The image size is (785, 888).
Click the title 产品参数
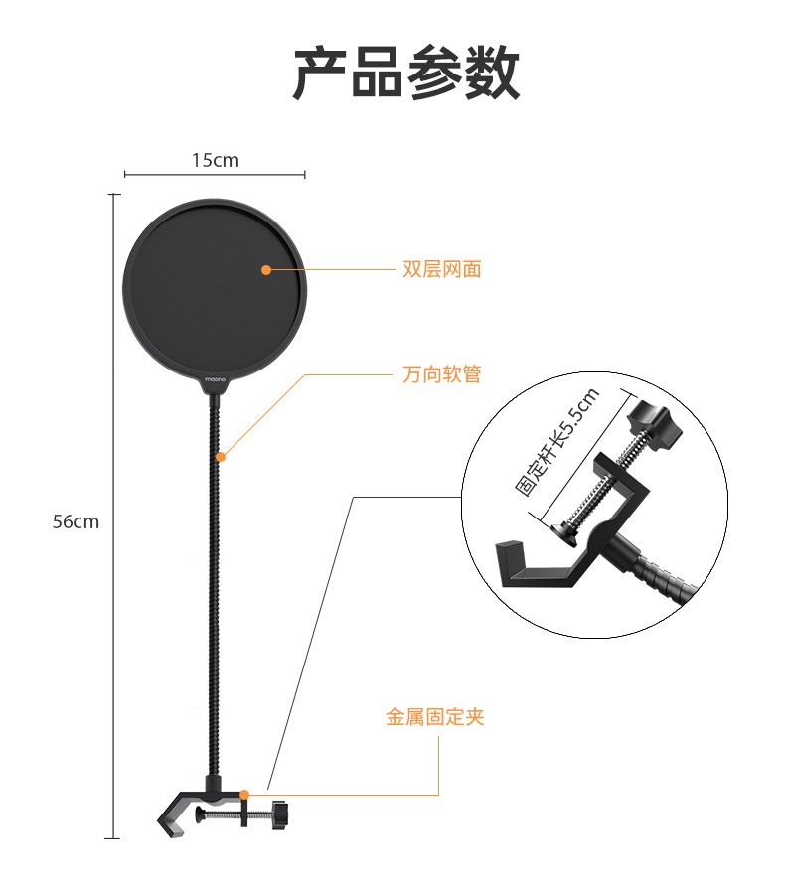tap(405, 73)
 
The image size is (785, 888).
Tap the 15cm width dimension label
tap(216, 159)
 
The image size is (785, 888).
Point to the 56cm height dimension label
tap(76, 521)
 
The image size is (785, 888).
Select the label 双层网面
tap(441, 269)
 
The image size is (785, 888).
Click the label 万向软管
tap(441, 374)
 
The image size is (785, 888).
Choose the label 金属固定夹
tap(434, 716)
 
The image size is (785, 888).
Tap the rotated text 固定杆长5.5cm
tap(556, 442)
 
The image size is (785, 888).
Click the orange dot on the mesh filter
tap(265, 269)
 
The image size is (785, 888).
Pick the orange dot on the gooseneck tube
tap(221, 457)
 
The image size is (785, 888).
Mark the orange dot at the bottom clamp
tap(244, 794)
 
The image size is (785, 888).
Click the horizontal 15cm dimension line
tap(215, 176)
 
